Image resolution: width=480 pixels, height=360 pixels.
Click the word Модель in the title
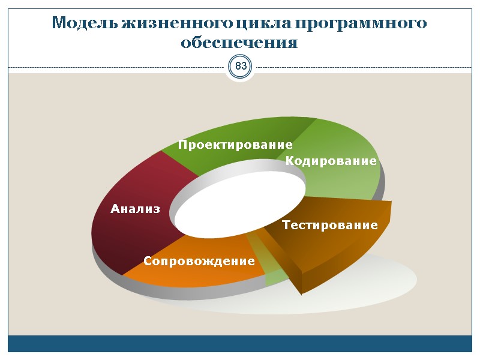[x=85, y=23]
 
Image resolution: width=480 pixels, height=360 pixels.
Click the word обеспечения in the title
[x=239, y=43]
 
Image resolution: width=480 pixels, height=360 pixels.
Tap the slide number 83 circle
[x=241, y=66]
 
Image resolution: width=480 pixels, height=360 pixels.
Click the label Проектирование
[x=235, y=145]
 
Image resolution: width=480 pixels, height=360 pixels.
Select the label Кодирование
[x=331, y=161]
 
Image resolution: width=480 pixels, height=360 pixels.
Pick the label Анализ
[x=136, y=209]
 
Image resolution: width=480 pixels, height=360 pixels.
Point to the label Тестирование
[x=329, y=226]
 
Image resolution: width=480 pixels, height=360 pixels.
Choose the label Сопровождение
[x=199, y=262]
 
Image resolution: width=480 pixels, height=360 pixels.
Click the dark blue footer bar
[x=240, y=344]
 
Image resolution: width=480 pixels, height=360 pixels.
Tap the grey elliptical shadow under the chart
[x=384, y=279]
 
